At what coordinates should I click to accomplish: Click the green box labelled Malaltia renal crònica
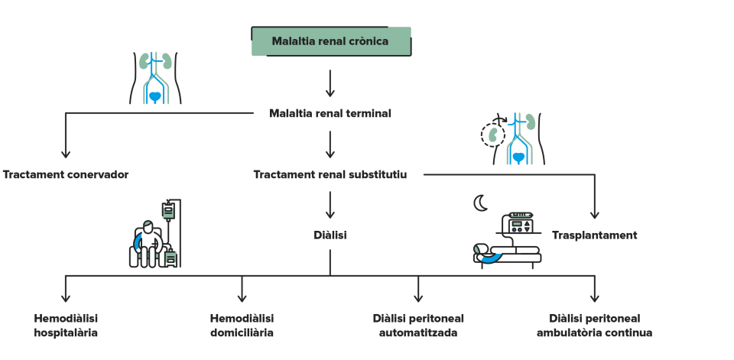[x=331, y=41]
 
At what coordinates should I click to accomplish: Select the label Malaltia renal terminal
[x=330, y=113]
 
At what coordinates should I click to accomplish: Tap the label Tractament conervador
[x=66, y=174]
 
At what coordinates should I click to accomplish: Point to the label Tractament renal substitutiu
[x=330, y=174]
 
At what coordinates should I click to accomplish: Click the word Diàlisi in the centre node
[x=330, y=235]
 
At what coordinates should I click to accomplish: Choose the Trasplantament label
[x=595, y=235]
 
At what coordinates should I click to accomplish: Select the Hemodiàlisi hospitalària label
[x=66, y=326]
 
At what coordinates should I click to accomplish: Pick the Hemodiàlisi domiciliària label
[x=242, y=326]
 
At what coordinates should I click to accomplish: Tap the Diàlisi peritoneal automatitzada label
[x=418, y=326]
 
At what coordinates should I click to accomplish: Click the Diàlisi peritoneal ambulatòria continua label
[x=595, y=326]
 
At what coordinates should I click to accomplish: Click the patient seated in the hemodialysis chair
[x=148, y=243]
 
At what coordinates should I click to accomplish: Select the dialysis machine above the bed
[x=519, y=222]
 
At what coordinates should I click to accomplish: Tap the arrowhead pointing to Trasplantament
[x=595, y=215]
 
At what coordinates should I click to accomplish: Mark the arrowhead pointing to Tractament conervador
[x=66, y=154]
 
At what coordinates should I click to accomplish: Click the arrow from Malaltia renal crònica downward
[x=330, y=83]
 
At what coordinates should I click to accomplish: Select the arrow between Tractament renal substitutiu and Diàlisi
[x=330, y=205]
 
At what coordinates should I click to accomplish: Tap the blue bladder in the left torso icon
[x=155, y=97]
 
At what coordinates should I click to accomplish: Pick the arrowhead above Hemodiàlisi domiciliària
[x=242, y=298]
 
